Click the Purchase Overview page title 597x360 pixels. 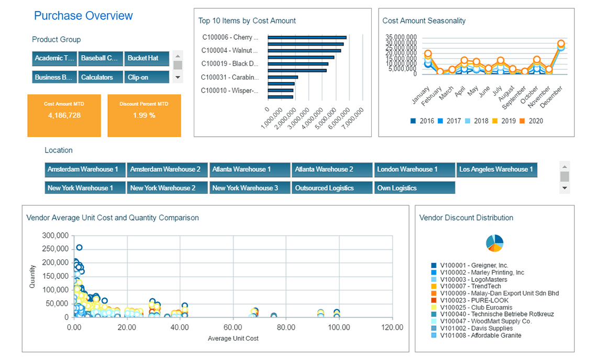(x=83, y=16)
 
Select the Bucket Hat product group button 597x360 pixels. (x=147, y=58)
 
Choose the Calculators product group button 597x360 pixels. (x=101, y=77)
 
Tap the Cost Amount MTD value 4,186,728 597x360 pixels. (x=64, y=115)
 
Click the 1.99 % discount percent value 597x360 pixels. (x=144, y=115)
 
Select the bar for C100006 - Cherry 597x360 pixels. (x=307, y=38)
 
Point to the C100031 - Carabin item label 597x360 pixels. (x=230, y=77)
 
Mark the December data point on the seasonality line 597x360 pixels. (x=561, y=44)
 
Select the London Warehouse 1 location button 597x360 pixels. (x=414, y=169)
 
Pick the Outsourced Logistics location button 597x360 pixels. (x=331, y=188)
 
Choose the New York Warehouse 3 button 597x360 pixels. (x=249, y=188)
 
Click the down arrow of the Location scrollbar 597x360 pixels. (x=565, y=188)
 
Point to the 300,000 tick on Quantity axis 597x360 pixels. (x=54, y=235)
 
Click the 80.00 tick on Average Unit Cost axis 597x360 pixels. (x=286, y=328)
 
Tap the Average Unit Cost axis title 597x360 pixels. (x=233, y=339)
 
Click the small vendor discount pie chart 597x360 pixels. (x=494, y=242)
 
